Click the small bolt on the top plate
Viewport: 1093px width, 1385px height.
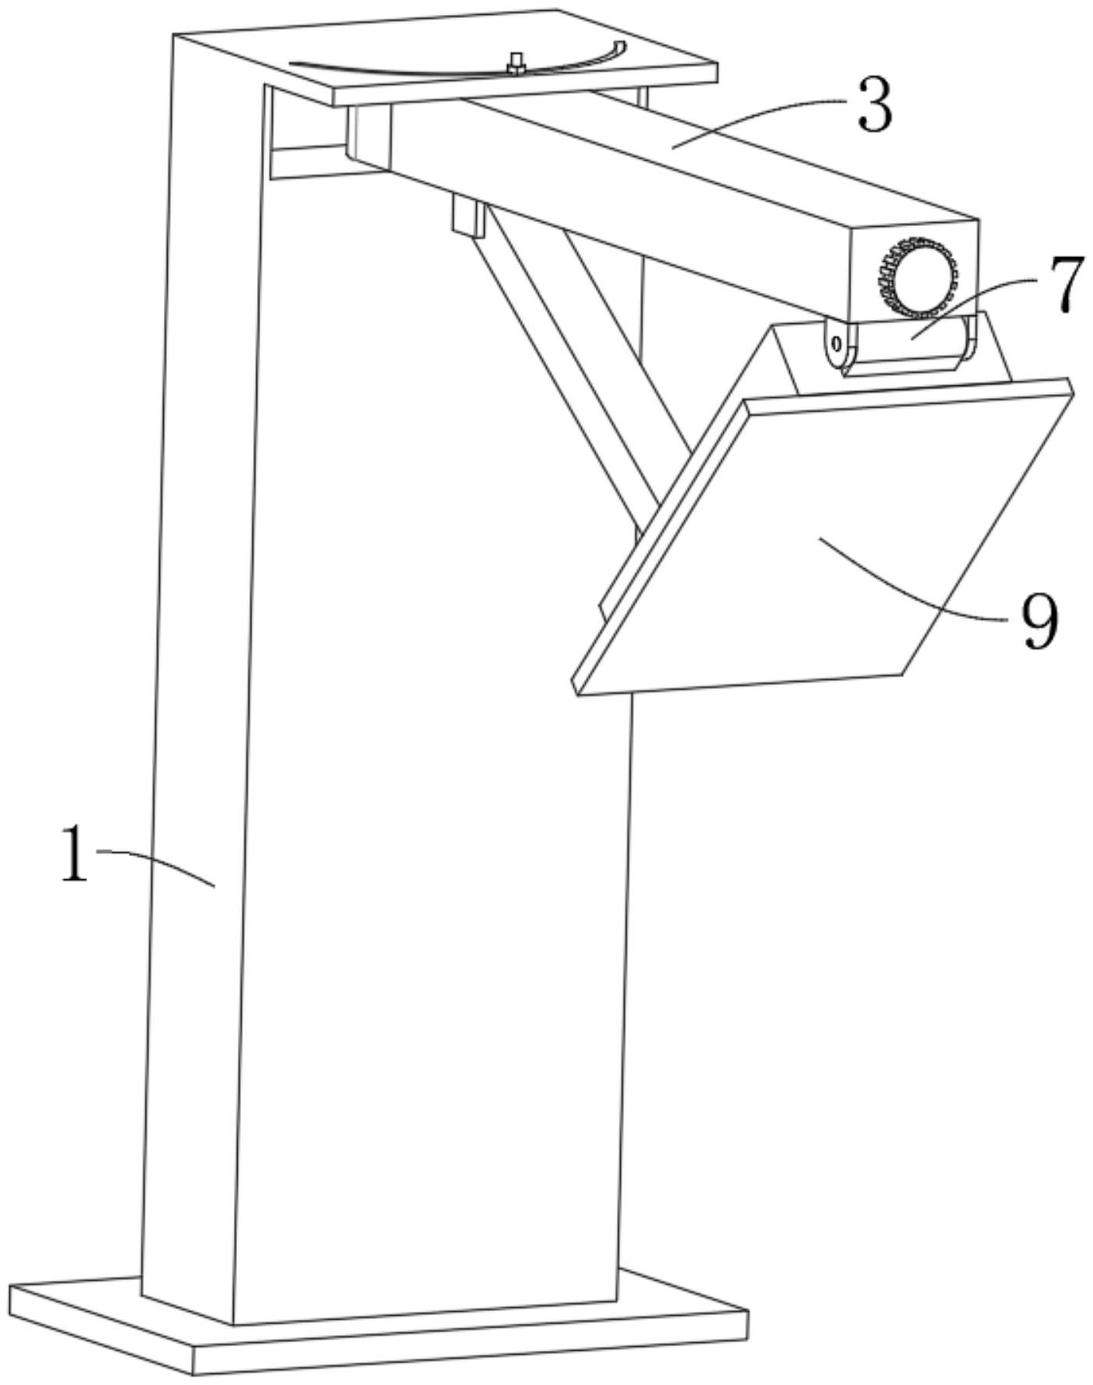(x=516, y=64)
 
